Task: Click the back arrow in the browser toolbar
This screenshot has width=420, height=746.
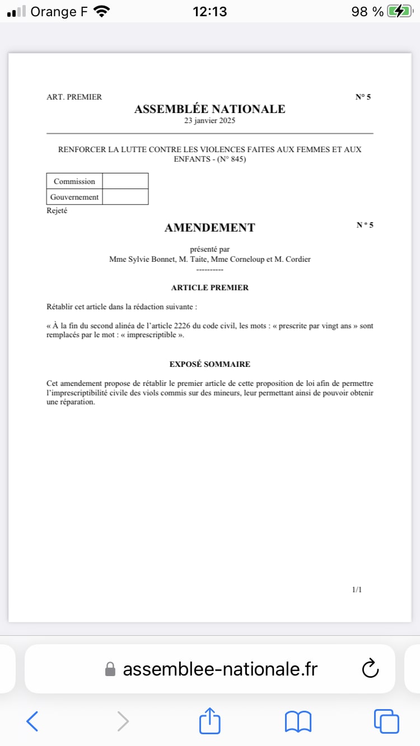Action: coord(32,721)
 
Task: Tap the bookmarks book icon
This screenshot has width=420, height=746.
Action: coord(298,721)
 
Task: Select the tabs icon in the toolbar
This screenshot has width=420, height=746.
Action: coord(386,721)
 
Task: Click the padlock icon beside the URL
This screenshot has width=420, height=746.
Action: coord(110,669)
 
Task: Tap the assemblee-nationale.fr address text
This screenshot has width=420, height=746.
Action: coord(220,669)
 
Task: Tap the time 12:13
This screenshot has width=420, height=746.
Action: coord(209,11)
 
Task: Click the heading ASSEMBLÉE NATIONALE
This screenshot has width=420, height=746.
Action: coord(209,109)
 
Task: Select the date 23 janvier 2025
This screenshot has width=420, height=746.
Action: coord(209,121)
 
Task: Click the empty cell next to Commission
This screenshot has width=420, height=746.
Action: coord(125,181)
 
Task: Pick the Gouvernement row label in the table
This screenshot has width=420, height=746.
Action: coord(74,197)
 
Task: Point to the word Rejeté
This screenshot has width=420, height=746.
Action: coord(57,211)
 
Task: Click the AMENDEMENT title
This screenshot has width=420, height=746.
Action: coord(209,228)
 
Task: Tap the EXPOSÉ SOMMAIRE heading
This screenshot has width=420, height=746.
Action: coord(209,364)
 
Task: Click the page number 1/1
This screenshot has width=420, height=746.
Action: coord(357,589)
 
